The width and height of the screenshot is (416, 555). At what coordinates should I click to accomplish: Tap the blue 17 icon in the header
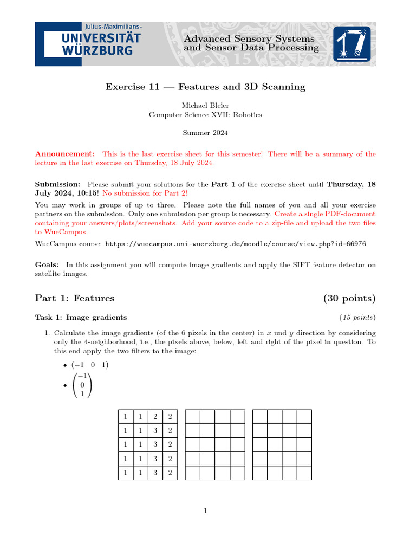tap(352, 44)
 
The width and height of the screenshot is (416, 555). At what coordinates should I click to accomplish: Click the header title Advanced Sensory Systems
tap(249, 38)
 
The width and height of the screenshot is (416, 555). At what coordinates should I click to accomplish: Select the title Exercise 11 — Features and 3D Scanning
tap(205, 87)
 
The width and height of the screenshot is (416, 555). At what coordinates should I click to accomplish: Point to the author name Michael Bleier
tap(205, 105)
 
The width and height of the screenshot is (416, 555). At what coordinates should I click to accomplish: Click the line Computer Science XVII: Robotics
tap(205, 114)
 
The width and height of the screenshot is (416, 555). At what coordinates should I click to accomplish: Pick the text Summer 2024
tap(205, 133)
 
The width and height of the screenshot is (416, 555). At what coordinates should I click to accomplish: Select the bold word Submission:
tap(58, 184)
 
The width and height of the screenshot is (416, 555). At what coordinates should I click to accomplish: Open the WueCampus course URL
tap(235, 244)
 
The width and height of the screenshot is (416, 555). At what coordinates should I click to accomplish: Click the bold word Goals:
tap(47, 265)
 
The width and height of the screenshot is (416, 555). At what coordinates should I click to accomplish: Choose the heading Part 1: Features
tap(75, 298)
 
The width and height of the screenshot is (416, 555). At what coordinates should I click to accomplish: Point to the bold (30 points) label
tap(349, 298)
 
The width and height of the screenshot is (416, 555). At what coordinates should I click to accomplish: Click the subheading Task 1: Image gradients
tap(81, 318)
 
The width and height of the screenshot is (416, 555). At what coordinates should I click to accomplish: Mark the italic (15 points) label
tap(357, 318)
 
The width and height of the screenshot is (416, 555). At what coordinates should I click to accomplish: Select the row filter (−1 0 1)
tap(90, 365)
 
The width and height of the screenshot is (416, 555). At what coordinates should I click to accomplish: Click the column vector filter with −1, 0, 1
tap(82, 385)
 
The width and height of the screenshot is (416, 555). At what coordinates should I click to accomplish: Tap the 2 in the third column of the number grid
tap(155, 417)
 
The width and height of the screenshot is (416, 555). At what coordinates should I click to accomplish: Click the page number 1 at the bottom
tap(205, 511)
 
